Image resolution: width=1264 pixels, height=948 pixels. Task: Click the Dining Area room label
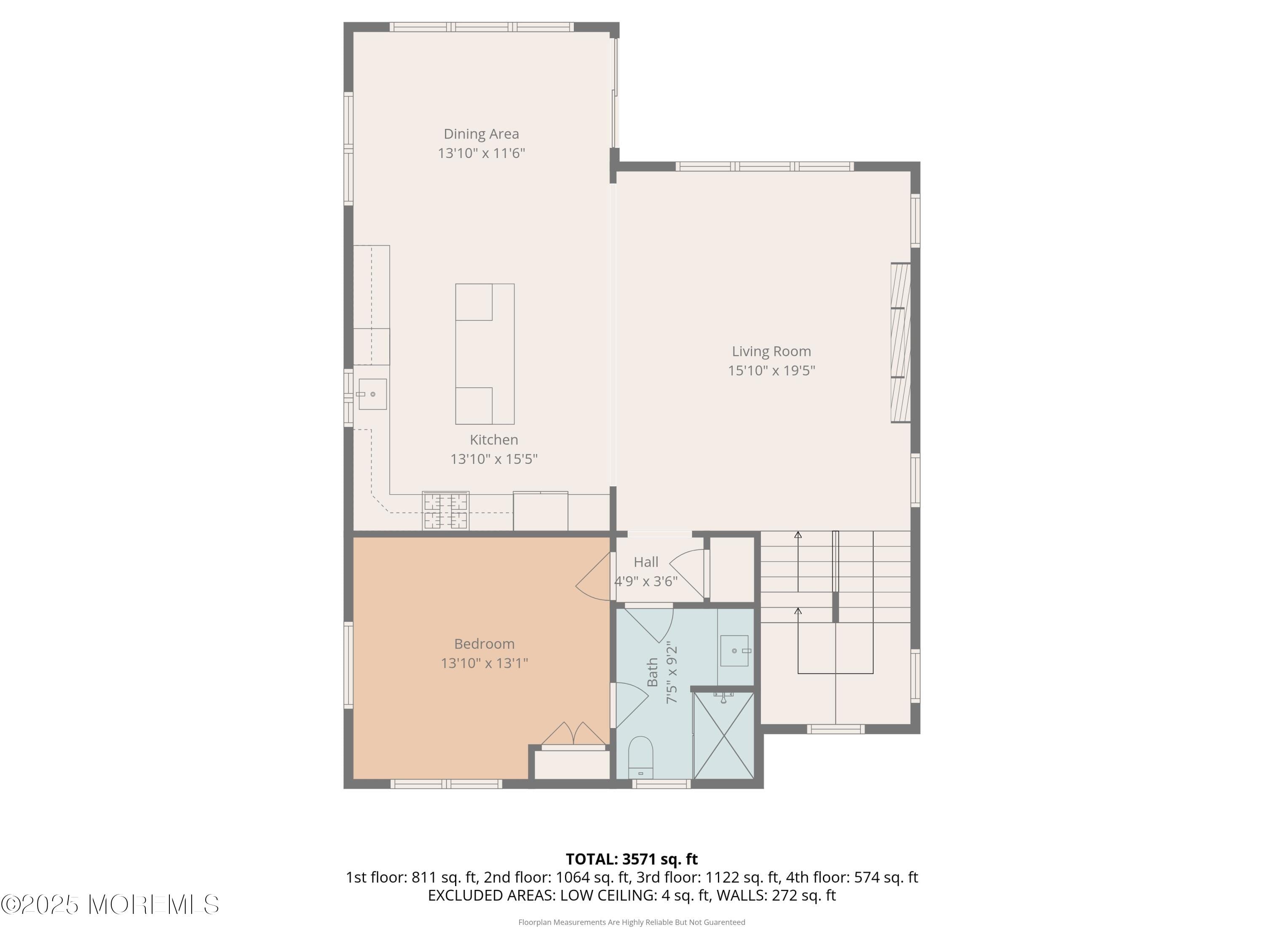481,134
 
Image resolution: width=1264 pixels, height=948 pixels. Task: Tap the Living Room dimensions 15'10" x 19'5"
771,370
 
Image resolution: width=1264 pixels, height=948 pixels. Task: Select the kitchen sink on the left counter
372,394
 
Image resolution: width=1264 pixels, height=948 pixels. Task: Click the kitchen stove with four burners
446,511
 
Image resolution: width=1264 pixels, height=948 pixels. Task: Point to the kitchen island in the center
485,354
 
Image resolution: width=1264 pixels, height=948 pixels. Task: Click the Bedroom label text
484,643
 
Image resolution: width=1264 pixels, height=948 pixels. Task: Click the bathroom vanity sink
734,650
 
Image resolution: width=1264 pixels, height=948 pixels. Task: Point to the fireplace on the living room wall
900,343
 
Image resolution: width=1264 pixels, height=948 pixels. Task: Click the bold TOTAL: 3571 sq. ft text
632,859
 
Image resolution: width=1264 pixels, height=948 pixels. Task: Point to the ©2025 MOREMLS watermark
110,905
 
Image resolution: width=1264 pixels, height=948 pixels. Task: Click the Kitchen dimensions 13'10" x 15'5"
494,459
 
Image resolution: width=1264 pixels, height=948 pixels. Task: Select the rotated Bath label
653,672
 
